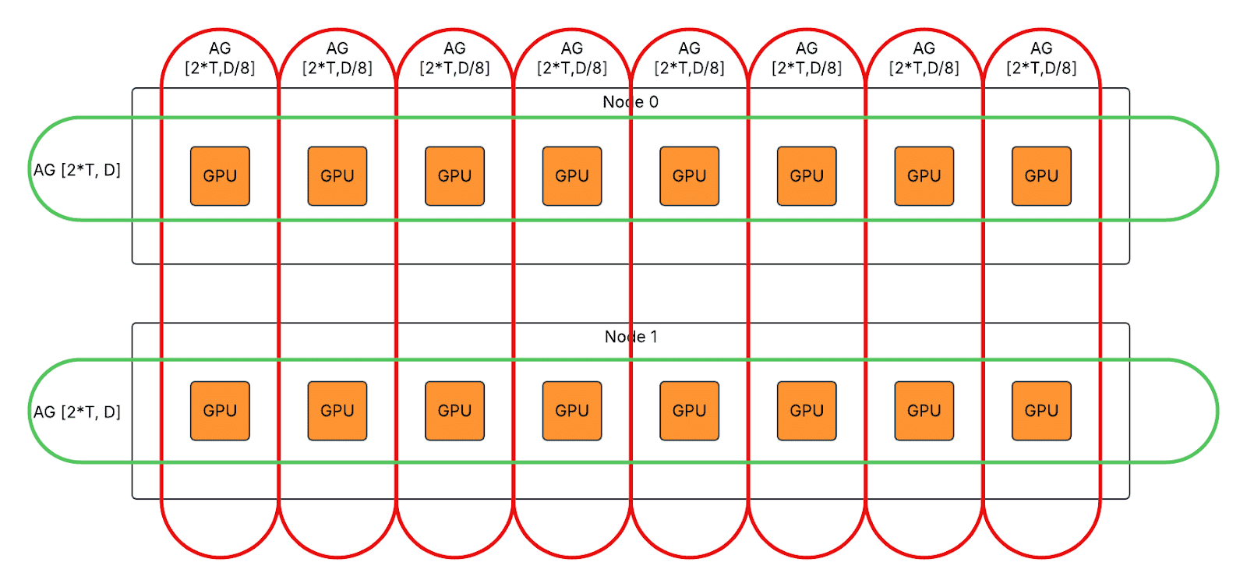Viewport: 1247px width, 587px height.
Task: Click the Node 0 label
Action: (x=631, y=102)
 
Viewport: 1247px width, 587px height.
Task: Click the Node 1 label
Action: (x=631, y=337)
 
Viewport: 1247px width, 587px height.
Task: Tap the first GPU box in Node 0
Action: (x=220, y=176)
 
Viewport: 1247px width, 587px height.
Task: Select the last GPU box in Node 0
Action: (x=1041, y=176)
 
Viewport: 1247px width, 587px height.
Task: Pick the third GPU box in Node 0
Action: (x=454, y=176)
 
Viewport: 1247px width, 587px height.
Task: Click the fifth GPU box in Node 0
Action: (x=689, y=176)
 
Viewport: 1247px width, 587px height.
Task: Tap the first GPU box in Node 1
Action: (x=220, y=411)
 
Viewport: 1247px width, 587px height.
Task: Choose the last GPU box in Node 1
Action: (x=1041, y=411)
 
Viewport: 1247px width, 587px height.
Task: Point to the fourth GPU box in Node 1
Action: (x=572, y=411)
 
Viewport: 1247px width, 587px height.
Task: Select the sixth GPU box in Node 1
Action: (x=807, y=411)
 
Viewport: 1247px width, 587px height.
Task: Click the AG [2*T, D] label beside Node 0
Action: (x=77, y=170)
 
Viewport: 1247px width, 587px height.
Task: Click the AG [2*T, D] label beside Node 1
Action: (x=77, y=412)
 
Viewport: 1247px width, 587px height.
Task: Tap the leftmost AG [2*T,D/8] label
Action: (x=220, y=58)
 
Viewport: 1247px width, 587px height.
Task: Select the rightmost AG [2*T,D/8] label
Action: (x=1041, y=58)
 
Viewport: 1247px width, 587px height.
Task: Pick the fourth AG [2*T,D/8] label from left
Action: (x=572, y=58)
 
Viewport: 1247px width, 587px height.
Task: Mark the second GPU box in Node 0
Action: (x=337, y=176)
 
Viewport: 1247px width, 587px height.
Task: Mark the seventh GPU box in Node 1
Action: (x=924, y=411)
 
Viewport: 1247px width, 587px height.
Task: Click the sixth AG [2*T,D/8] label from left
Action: (x=807, y=58)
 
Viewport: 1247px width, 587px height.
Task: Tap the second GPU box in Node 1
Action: (x=337, y=411)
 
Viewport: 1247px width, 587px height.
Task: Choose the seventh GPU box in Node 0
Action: (x=924, y=176)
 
